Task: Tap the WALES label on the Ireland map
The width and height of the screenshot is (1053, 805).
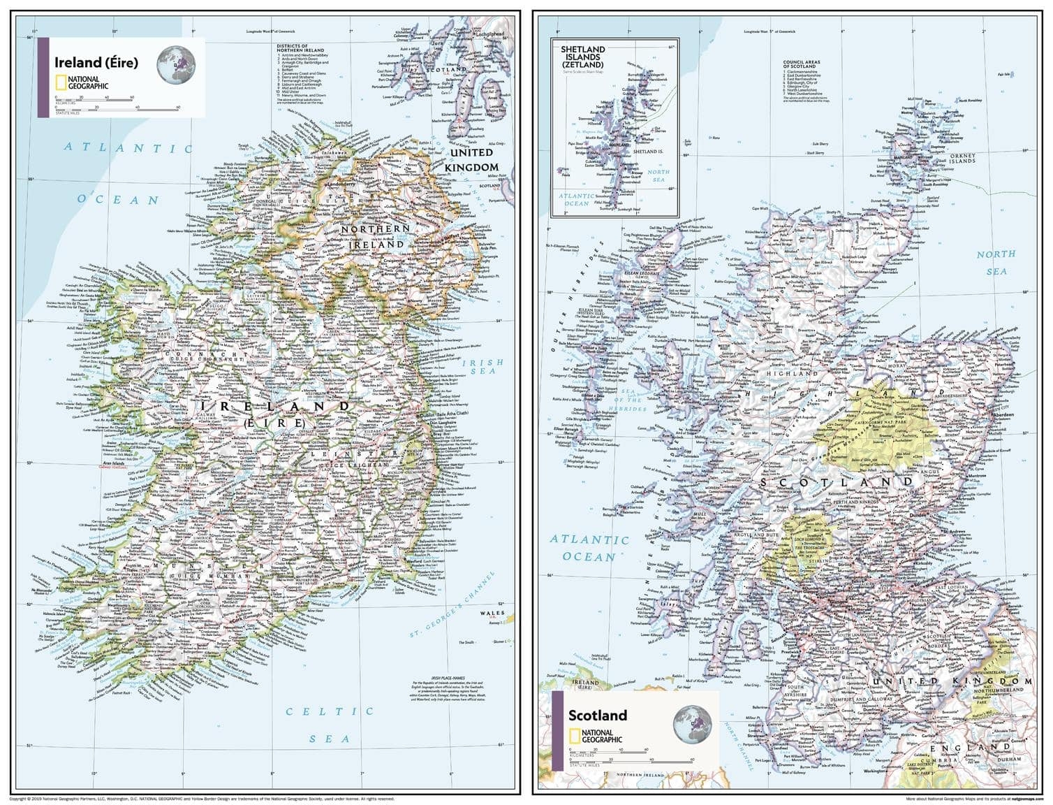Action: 492,613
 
